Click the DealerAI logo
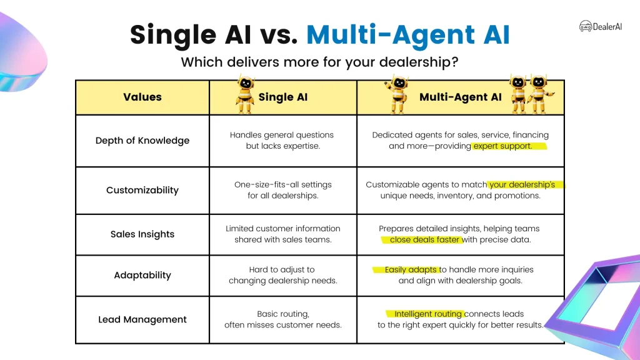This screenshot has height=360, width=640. click(x=601, y=26)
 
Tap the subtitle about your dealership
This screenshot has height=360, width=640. click(x=319, y=62)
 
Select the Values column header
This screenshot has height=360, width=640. click(x=142, y=97)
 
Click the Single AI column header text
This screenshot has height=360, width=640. click(x=283, y=97)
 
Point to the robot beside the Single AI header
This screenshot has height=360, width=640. click(x=245, y=94)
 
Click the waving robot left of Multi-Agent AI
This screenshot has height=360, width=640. click(x=397, y=94)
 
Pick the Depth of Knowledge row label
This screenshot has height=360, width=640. click(x=142, y=141)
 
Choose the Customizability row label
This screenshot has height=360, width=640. click(x=142, y=190)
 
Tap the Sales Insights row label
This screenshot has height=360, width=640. click(x=142, y=234)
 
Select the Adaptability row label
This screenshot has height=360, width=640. click(x=142, y=276)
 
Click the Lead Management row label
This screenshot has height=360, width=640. click(x=142, y=319)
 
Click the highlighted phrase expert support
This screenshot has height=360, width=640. click(x=503, y=146)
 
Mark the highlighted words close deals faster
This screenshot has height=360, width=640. click(x=424, y=239)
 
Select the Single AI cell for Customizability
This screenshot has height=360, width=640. click(x=283, y=190)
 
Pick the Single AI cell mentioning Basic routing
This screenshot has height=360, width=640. click(x=283, y=319)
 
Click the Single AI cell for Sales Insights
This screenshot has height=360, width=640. click(x=283, y=234)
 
